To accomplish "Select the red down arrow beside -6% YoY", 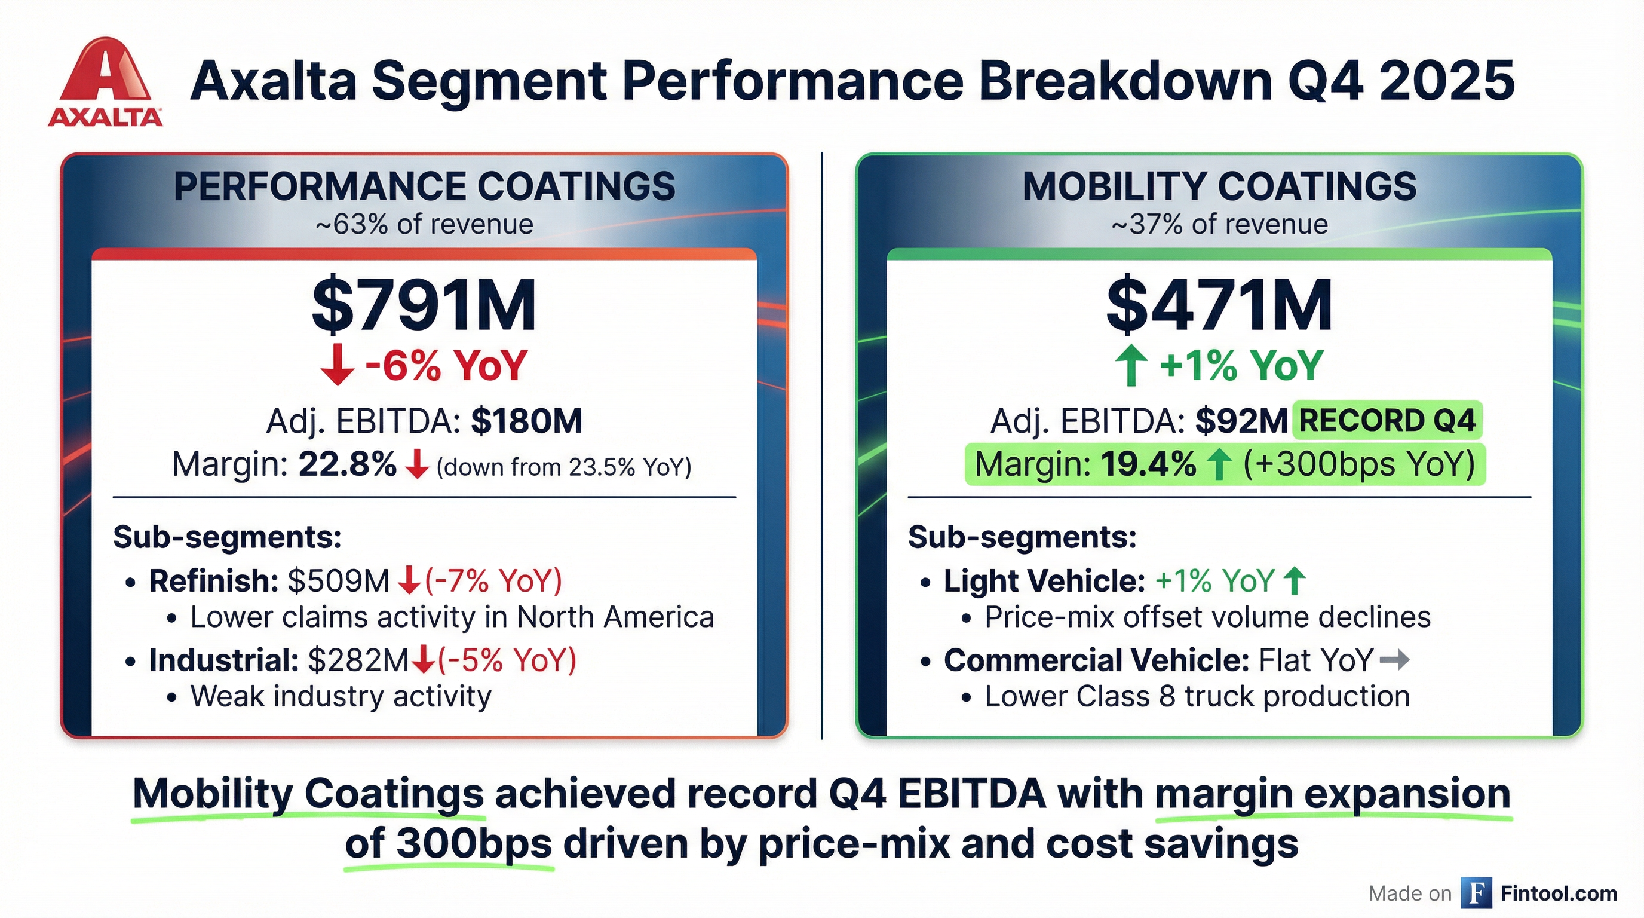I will click(337, 365).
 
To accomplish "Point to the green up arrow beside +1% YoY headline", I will click(1131, 365).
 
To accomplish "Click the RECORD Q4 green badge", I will click(1387, 421).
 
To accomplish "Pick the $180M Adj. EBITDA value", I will click(526, 421).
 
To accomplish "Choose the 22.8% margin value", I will click(347, 465).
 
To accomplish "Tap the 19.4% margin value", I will click(1148, 465).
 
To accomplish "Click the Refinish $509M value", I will click(338, 581).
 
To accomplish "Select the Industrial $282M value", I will click(357, 660).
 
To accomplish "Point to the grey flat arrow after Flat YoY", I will click(1394, 660).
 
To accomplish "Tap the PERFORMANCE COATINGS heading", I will click(424, 186).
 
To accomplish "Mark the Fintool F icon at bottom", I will click(1476, 892).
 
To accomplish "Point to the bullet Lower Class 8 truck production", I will click(1197, 696).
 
